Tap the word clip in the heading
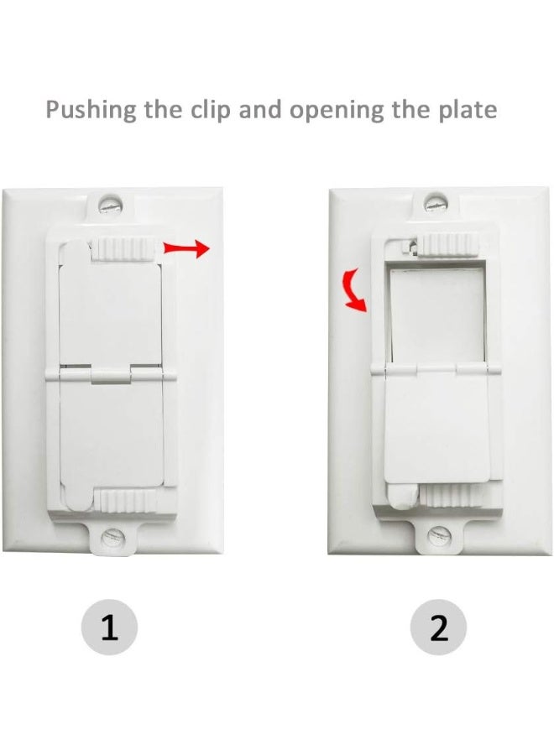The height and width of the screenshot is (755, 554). [x=208, y=110]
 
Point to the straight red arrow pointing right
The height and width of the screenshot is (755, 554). [x=185, y=247]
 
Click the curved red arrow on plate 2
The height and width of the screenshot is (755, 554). [x=355, y=289]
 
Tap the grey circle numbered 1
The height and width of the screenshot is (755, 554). [x=110, y=627]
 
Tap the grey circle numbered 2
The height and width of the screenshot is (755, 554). [x=439, y=627]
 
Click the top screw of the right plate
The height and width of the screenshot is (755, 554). [x=434, y=202]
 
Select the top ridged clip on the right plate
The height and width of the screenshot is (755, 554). [x=449, y=245]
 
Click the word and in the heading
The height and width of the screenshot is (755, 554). [x=259, y=110]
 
